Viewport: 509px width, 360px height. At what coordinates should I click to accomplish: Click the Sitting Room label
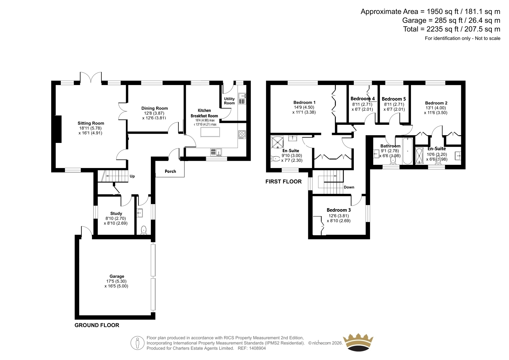91,123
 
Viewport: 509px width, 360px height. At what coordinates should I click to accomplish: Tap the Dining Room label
155,108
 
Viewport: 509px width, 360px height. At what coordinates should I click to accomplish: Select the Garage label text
117,276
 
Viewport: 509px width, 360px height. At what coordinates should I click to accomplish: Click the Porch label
171,171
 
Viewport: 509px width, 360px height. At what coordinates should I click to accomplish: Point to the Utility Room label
229,101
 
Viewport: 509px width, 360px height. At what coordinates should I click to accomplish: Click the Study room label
116,213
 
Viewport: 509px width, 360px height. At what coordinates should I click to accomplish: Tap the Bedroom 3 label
338,210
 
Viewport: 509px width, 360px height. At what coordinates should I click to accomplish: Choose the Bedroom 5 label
394,99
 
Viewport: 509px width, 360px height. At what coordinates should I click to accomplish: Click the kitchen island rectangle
210,132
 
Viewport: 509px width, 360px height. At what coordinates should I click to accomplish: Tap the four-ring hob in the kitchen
242,134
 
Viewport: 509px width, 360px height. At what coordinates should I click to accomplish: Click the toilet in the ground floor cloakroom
143,230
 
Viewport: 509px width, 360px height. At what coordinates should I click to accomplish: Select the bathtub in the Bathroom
408,151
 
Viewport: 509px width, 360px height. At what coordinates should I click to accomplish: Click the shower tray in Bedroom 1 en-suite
277,142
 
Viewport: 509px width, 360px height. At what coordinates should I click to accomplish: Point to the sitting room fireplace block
58,129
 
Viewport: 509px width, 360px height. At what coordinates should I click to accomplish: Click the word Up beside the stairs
132,176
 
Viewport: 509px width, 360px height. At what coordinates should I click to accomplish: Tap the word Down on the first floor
349,187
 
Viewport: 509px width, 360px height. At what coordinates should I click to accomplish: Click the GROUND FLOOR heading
97,325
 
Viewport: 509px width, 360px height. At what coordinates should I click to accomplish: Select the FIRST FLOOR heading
283,181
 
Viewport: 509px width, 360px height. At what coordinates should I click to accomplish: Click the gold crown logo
358,342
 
